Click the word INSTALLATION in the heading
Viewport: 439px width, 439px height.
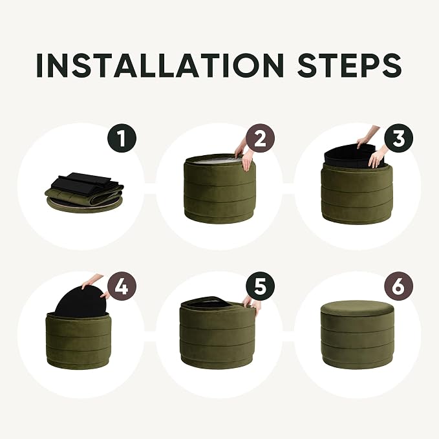point(160,65)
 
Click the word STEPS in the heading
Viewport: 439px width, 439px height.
point(349,65)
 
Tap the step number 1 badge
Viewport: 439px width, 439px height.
point(122,138)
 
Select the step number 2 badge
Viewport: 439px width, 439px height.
point(260,138)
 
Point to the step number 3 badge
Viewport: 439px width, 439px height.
point(398,138)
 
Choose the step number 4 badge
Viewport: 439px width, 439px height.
point(122,286)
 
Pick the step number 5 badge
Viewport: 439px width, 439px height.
point(260,286)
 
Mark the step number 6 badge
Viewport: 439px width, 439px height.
point(398,286)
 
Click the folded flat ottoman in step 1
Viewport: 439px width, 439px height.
point(84,193)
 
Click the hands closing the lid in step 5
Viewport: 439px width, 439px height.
point(251,305)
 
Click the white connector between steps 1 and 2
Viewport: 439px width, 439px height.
point(150,188)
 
